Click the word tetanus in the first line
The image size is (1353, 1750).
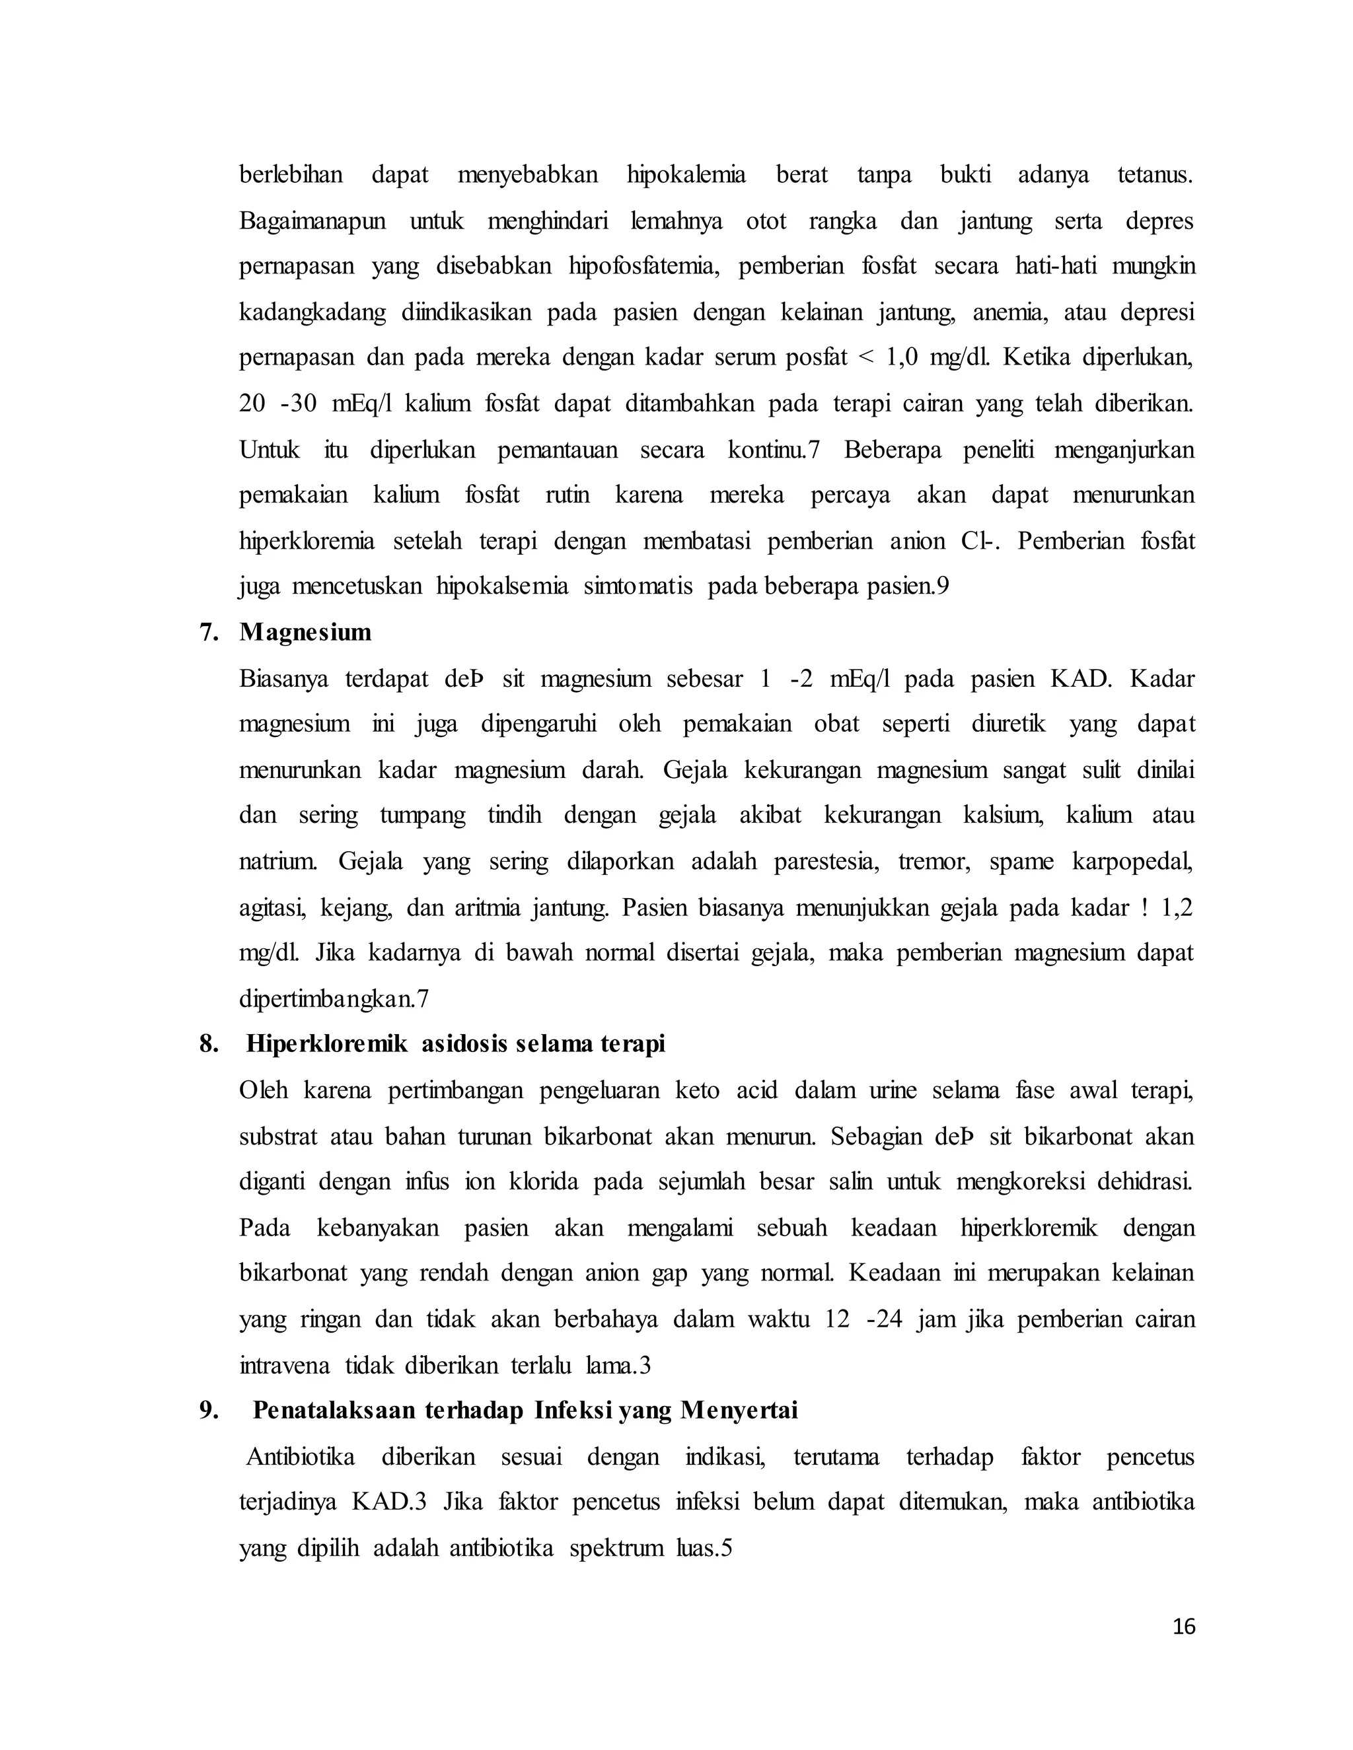pyautogui.click(x=1154, y=175)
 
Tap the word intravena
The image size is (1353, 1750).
pyautogui.click(x=283, y=1366)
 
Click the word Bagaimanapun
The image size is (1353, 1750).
pyautogui.click(x=312, y=221)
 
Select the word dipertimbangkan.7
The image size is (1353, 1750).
pyautogui.click(x=334, y=999)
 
